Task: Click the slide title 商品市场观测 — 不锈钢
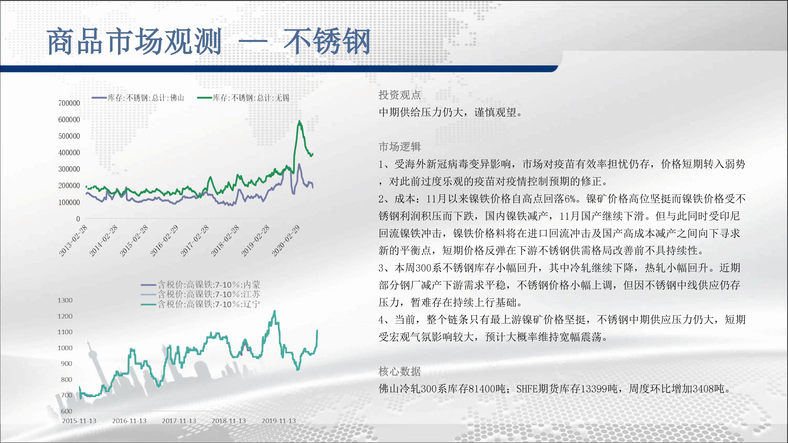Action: pos(209,41)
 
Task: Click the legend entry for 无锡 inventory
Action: pos(243,98)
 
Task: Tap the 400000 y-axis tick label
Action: pos(69,153)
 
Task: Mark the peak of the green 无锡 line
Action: pos(299,121)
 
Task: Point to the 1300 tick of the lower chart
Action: pos(65,300)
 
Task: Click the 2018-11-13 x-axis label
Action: pos(229,421)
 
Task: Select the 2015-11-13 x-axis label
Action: pos(79,421)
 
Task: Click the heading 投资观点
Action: pos(400,95)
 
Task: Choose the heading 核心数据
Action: pos(400,372)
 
